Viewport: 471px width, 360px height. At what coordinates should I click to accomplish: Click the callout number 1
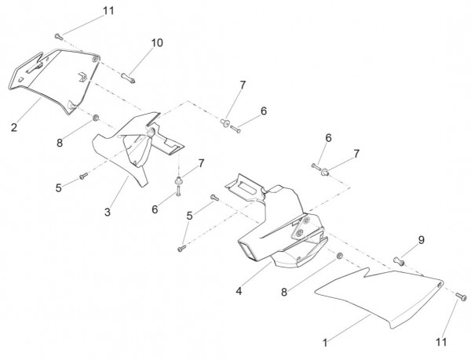326,343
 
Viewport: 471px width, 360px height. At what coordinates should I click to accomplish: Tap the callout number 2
13,126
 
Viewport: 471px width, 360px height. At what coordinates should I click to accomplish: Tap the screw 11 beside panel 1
459,295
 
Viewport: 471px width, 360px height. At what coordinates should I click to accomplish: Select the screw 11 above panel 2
59,35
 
